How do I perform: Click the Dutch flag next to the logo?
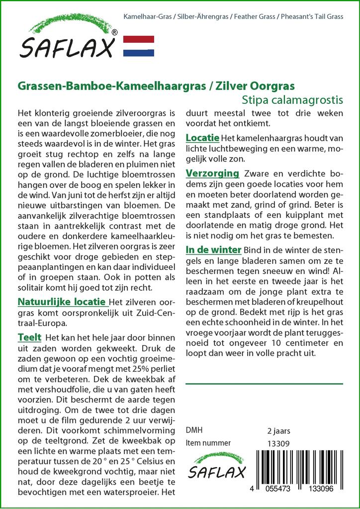coord(138,46)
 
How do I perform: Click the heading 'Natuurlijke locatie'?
coord(62,302)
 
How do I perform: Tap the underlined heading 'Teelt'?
coord(29,338)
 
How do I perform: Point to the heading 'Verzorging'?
coord(212,173)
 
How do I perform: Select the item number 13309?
coord(278,443)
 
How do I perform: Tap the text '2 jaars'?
coord(278,430)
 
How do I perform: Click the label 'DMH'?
coord(194,430)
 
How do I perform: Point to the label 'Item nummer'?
coord(208,443)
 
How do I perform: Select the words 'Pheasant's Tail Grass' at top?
coord(312,17)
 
